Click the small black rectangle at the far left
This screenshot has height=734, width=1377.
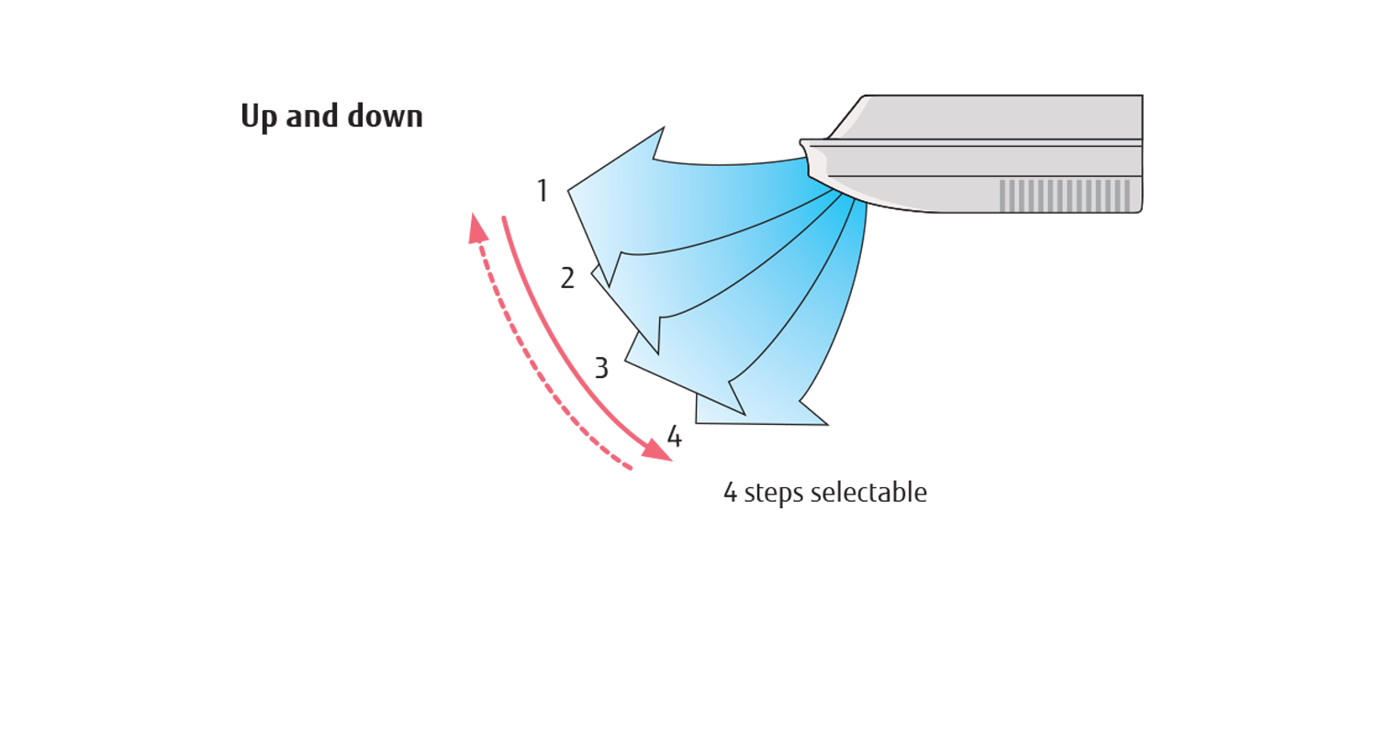(289, 118)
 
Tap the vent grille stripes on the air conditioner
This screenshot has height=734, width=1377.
(1065, 195)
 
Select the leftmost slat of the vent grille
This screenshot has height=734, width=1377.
(1002, 195)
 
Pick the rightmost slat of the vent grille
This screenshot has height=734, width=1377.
(1127, 195)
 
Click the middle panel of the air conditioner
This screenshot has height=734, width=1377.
(982, 161)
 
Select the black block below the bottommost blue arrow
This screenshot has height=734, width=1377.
(826, 468)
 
